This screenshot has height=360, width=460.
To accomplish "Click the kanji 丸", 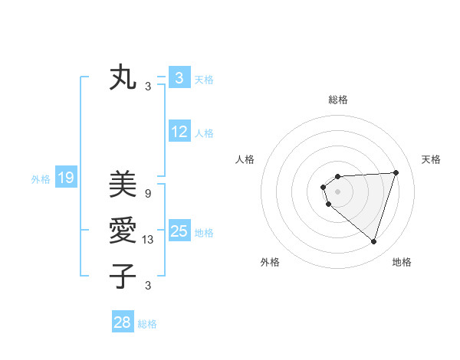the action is pos(123,77).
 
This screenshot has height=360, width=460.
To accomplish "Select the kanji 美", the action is pos(123,184).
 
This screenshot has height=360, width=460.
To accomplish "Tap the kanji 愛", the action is pos(123,230).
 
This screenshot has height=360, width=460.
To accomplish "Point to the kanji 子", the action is pos(123,275).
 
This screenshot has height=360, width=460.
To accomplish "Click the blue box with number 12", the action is pos(179,132).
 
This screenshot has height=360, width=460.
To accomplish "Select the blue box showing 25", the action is pos(179,231).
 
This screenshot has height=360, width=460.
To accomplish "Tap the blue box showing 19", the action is pos(65,178).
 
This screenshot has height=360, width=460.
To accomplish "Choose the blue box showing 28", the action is pos(123,322).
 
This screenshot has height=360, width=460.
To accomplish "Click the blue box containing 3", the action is pos(179,77).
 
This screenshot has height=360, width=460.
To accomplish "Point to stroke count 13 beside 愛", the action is pos(148,240).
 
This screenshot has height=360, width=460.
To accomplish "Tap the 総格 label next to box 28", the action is pos(147,324).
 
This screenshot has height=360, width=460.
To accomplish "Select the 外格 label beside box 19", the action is pos(41,180).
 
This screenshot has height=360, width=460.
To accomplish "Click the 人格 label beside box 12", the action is pos(204,133).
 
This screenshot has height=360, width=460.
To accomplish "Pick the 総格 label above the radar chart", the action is pos(337,100).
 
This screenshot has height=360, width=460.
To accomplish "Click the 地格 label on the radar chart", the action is pos(402,262).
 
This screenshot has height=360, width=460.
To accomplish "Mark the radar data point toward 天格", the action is pos(396,172).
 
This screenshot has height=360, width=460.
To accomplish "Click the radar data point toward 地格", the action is pos(373,241).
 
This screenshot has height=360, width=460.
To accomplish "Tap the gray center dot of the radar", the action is pos(337,191).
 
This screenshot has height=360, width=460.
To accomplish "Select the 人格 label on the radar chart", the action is pos(245,159).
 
